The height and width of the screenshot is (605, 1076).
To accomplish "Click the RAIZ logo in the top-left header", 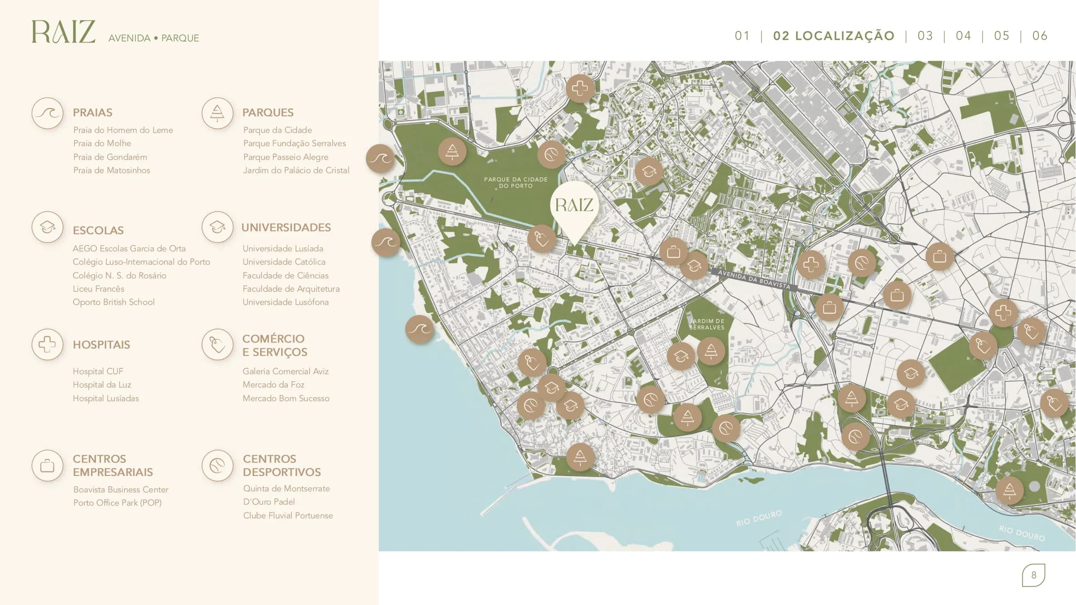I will point(63,32).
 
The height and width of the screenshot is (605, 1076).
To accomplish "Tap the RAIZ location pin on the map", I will point(574,206).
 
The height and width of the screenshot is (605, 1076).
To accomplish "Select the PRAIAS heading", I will point(92,112).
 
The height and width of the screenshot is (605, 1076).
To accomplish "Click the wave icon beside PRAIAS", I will point(47,113).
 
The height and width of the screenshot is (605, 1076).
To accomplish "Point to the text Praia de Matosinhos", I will point(112,170).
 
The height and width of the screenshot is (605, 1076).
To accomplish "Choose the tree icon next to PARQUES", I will point(217,113).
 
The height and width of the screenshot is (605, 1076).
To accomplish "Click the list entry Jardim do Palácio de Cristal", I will point(296,170).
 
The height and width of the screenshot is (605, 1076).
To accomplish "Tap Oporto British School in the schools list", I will point(113,302).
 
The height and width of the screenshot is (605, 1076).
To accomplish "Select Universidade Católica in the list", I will point(284,262).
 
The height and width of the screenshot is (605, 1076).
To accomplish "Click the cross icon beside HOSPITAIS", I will point(47,344).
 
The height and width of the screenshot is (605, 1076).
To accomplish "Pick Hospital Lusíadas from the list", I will point(106,398).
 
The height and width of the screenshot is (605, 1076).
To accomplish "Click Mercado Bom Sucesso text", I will point(286,398).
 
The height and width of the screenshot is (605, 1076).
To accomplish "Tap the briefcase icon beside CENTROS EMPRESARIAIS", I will point(47,466).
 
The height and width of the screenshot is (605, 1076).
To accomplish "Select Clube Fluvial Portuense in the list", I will point(288,516).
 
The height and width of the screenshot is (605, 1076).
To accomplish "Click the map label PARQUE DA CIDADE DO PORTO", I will point(516,182).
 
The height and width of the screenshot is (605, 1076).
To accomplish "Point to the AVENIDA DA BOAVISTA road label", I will point(754,280).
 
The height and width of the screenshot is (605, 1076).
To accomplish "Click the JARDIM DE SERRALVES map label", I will point(707,324).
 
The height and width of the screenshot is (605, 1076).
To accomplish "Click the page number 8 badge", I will point(1033,575).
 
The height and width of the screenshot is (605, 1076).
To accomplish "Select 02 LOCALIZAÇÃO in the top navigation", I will point(833,36).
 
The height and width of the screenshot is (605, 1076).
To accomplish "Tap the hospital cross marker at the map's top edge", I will point(580,88).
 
